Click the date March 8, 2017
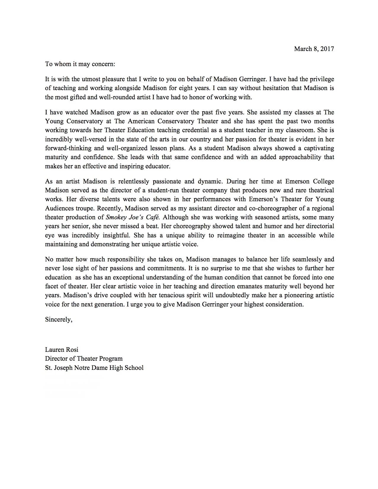pyautogui.click(x=314, y=49)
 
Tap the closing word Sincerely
pyautogui.click(x=58, y=319)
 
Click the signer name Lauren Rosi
pyautogui.click(x=62, y=350)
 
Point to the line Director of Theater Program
pyautogui.click(x=84, y=359)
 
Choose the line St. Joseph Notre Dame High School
pyautogui.click(x=94, y=368)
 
